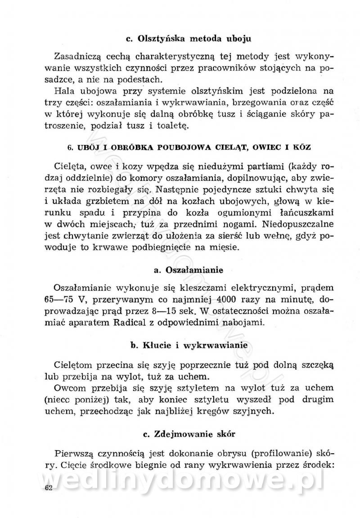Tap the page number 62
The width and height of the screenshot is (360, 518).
pyautogui.click(x=49, y=489)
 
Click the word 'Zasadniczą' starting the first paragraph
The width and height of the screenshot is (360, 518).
pyautogui.click(x=79, y=57)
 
